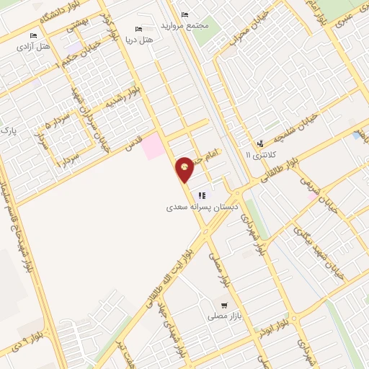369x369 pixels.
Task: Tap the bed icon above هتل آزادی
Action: click(x=33, y=35)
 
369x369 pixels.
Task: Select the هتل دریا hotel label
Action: click(x=139, y=40)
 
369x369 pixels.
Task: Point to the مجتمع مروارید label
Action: click(x=191, y=25)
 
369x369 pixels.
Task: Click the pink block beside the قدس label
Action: click(x=152, y=146)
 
